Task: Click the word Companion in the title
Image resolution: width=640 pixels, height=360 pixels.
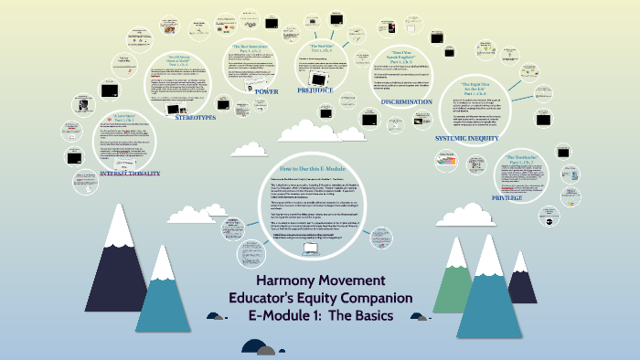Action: tap(376, 299)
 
